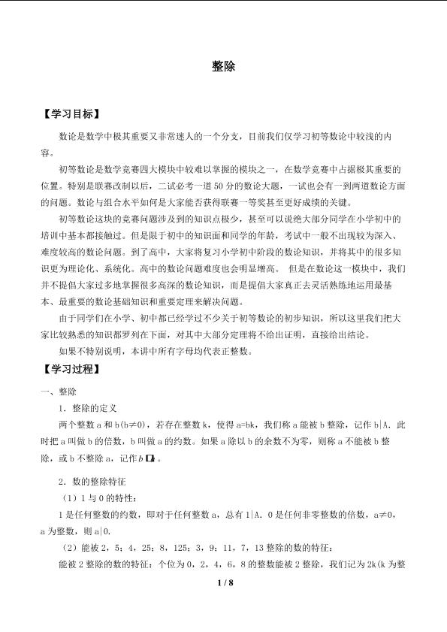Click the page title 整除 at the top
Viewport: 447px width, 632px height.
click(x=224, y=66)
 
